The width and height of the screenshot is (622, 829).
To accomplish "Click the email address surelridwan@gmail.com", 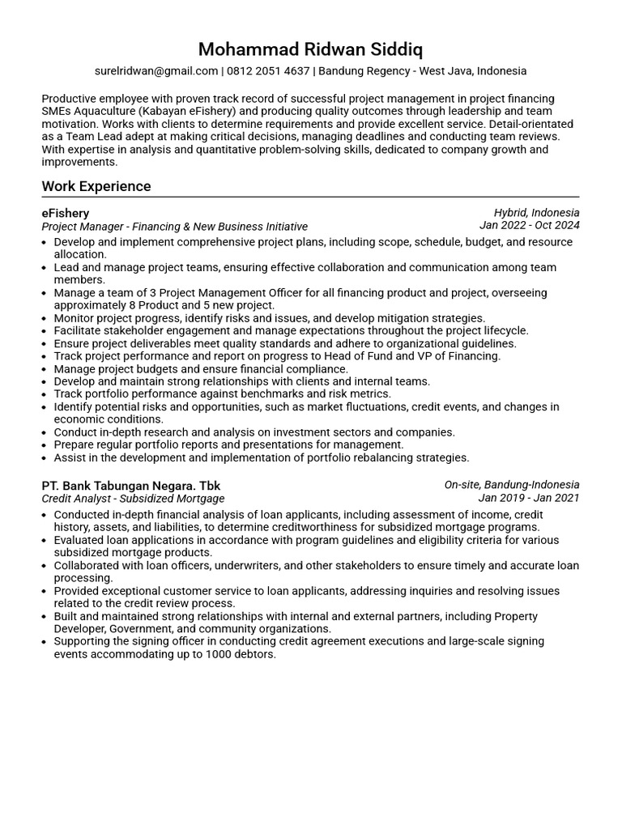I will point(156,71).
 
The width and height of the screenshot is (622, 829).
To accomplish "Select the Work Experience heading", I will point(96,186).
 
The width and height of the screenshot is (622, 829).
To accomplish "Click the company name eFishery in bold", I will point(66,213).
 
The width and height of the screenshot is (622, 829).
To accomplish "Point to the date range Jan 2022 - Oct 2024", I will point(529,226).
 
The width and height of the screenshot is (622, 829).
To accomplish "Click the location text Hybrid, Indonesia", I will point(536,213).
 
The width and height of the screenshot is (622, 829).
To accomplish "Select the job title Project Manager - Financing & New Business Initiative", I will point(174,227).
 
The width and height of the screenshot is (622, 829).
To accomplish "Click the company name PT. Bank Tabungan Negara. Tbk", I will point(130,485).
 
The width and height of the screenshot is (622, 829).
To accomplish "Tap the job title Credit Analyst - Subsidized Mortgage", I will point(133,499).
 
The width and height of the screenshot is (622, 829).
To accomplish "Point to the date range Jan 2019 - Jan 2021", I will point(529,498).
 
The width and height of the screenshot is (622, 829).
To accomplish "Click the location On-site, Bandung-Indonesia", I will point(511,485).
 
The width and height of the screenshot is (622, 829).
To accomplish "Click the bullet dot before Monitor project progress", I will point(45,318).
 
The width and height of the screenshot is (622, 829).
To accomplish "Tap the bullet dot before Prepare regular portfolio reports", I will point(45,445).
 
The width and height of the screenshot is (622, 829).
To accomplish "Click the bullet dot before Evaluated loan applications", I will point(45,540).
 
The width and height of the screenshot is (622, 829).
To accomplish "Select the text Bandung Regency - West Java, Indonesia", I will point(423,71).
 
